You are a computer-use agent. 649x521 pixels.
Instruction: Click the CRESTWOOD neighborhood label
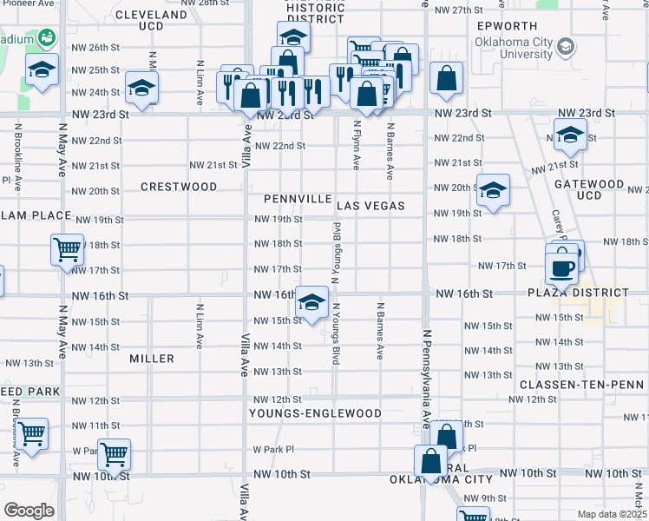coord(179,187)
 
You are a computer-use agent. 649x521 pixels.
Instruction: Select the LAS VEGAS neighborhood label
coord(370,206)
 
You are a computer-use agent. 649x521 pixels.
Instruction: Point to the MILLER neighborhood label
coord(152,358)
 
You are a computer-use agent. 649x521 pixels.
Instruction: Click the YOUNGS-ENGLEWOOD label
coord(316,413)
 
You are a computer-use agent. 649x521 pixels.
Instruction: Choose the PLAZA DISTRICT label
coord(577,293)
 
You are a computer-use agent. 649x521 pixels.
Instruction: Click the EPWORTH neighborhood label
coord(507,26)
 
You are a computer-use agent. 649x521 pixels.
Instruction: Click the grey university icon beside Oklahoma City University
coord(567,45)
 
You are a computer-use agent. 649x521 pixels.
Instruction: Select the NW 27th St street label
coord(458,10)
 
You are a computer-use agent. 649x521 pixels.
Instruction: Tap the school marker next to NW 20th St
coord(493,192)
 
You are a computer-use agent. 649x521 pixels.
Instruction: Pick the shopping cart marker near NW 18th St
coord(67,250)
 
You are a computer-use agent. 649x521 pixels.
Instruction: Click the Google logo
coord(29,510)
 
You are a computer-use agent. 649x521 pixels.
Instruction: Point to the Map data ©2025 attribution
coord(612,514)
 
